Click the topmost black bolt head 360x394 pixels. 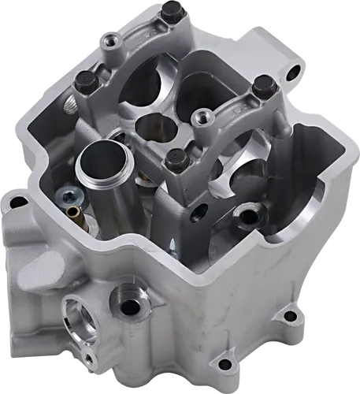171,11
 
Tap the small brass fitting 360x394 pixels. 74,213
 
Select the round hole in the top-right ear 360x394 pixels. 294,73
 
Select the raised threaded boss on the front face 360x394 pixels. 124,299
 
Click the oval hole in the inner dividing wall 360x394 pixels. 200,210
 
